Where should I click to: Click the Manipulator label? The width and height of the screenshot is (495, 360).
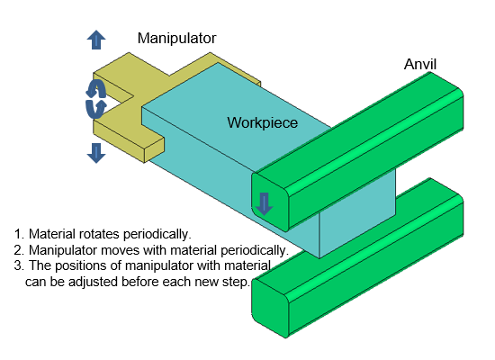pyautogui.click(x=176, y=39)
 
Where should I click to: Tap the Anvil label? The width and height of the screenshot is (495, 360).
pyautogui.click(x=420, y=65)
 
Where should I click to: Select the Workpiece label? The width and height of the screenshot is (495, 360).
pyautogui.click(x=262, y=122)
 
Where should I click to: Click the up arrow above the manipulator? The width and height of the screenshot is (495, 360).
pyautogui.click(x=96, y=40)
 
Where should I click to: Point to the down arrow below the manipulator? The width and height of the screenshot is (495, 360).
pyautogui.click(x=96, y=153)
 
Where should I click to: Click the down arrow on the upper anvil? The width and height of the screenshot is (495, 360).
pyautogui.click(x=264, y=204)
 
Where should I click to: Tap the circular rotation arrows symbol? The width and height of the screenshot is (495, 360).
pyautogui.click(x=96, y=99)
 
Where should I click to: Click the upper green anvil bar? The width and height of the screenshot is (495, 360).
pyautogui.click(x=357, y=151)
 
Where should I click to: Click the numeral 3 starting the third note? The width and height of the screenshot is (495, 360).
pyautogui.click(x=18, y=265)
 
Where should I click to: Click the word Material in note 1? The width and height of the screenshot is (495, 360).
pyautogui.click(x=52, y=234)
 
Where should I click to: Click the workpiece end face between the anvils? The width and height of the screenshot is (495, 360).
pyautogui.click(x=357, y=211)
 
